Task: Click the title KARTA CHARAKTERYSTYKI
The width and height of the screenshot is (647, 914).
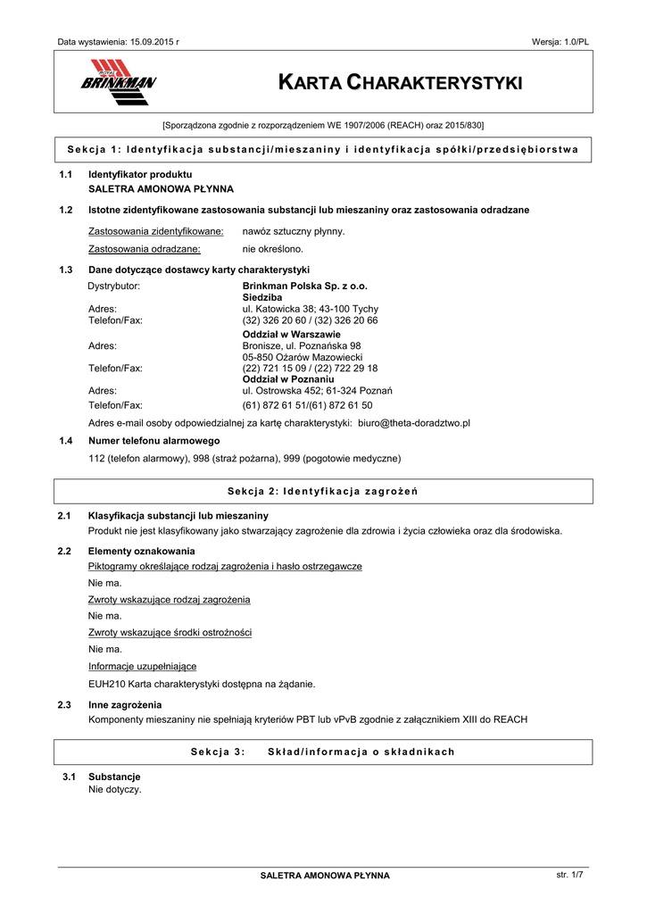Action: (x=400, y=83)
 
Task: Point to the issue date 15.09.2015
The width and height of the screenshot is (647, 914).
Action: (x=153, y=42)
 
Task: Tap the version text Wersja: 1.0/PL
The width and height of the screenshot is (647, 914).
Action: (x=560, y=42)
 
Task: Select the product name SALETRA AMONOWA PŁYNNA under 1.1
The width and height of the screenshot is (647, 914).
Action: (x=161, y=189)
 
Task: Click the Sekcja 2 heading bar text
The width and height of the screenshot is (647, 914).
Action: (x=323, y=492)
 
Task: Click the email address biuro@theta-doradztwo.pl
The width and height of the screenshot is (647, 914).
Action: (x=414, y=422)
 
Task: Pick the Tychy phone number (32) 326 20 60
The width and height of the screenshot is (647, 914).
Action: (x=273, y=320)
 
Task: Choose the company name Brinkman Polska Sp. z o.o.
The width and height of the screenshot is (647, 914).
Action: (x=304, y=286)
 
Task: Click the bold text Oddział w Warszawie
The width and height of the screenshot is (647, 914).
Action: (x=286, y=334)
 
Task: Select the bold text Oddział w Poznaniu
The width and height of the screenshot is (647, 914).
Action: (x=282, y=379)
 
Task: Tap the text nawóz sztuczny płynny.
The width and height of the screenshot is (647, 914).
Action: (x=294, y=230)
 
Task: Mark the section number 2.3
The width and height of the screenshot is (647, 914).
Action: (x=64, y=705)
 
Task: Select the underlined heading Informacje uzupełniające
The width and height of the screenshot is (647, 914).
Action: (x=143, y=667)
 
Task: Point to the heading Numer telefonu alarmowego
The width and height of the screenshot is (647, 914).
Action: (x=153, y=441)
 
